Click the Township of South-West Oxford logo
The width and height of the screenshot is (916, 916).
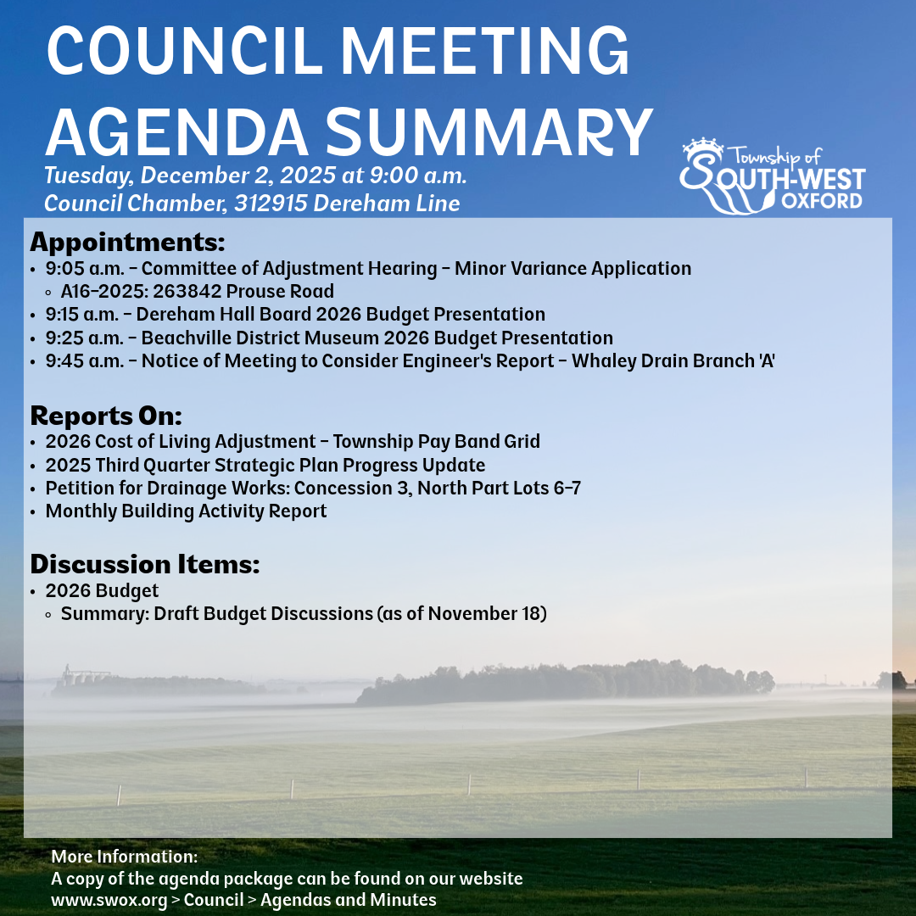(x=772, y=176)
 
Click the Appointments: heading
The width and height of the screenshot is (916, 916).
(x=127, y=242)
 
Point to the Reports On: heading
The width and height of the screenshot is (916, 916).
(x=106, y=416)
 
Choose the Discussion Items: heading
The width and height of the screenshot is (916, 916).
(x=144, y=564)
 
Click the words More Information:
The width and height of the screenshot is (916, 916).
(x=124, y=857)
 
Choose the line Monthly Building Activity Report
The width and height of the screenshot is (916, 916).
(x=186, y=511)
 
